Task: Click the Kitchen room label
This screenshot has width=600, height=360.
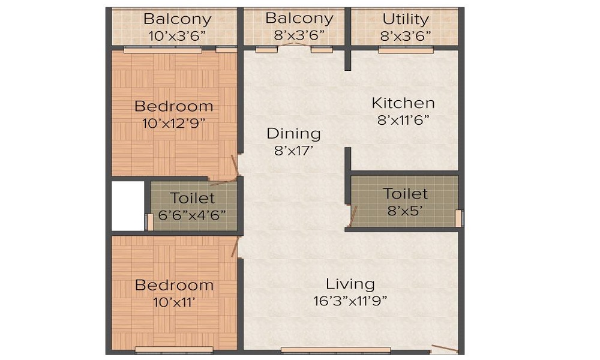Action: pos(403,103)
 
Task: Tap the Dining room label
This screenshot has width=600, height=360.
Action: pos(293,133)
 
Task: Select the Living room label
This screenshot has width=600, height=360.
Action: pos(350,284)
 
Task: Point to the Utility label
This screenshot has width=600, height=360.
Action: pos(406,19)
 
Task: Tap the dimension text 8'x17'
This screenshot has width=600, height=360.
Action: pos(295,151)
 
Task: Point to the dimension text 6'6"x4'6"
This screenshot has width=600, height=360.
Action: pos(192,215)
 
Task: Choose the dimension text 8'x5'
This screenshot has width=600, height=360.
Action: pos(406,211)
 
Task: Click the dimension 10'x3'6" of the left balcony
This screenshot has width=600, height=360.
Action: pos(177,35)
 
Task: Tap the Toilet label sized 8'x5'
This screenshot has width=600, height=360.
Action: pos(406,194)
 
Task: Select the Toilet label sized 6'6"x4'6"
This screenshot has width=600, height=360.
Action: pos(192,198)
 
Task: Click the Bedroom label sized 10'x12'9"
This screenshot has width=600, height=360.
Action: pos(173,106)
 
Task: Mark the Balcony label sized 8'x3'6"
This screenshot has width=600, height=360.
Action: pos(299,19)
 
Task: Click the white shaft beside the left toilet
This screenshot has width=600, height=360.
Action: pos(128,205)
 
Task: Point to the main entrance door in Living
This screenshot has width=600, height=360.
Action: pos(445,349)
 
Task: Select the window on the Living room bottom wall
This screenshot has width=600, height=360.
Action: pos(335,350)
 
